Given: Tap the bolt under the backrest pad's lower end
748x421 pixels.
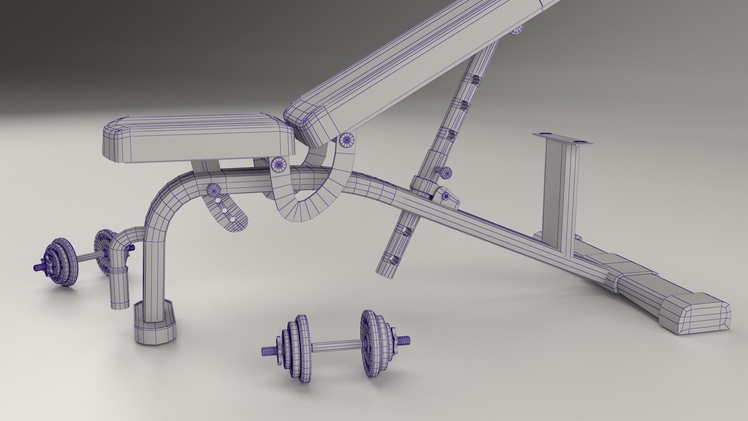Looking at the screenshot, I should click(346, 140).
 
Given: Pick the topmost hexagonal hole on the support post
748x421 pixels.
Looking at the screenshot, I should click(475, 80).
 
